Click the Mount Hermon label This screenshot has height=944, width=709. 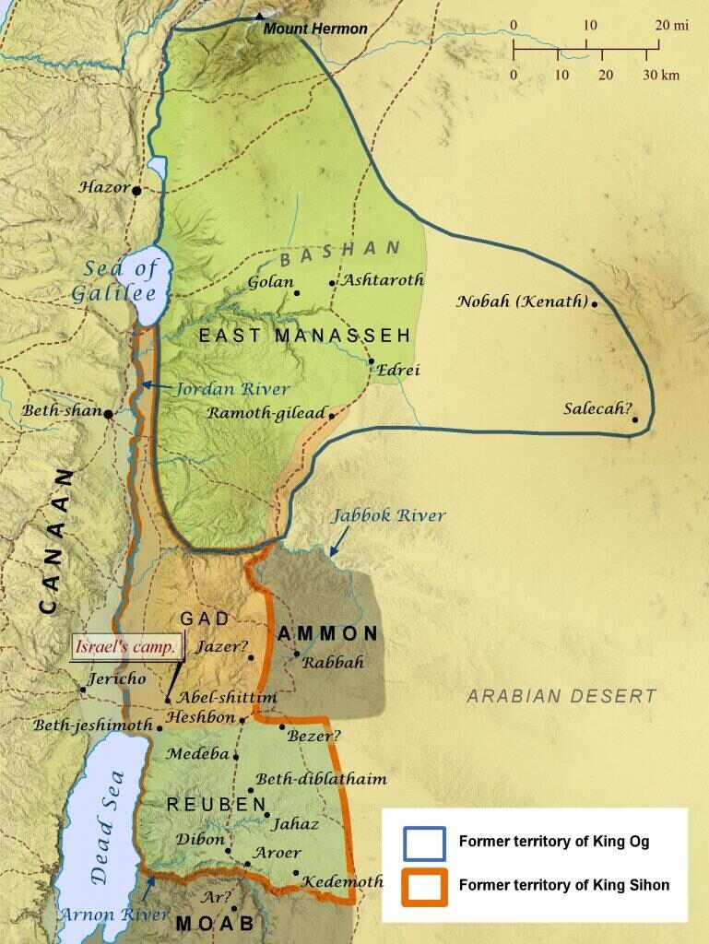pyautogui.click(x=315, y=29)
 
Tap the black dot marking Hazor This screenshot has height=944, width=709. pyautogui.click(x=136, y=191)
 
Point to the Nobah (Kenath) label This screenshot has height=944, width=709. pyautogui.click(x=522, y=302)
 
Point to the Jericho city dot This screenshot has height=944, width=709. pyautogui.click(x=82, y=689)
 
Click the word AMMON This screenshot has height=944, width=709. pyautogui.click(x=328, y=633)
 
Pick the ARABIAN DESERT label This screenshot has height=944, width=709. pyautogui.click(x=561, y=696)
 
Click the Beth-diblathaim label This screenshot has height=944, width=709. pyautogui.click(x=321, y=779)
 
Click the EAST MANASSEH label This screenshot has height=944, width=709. pyautogui.click(x=304, y=336)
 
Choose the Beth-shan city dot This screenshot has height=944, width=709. pyautogui.click(x=109, y=414)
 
